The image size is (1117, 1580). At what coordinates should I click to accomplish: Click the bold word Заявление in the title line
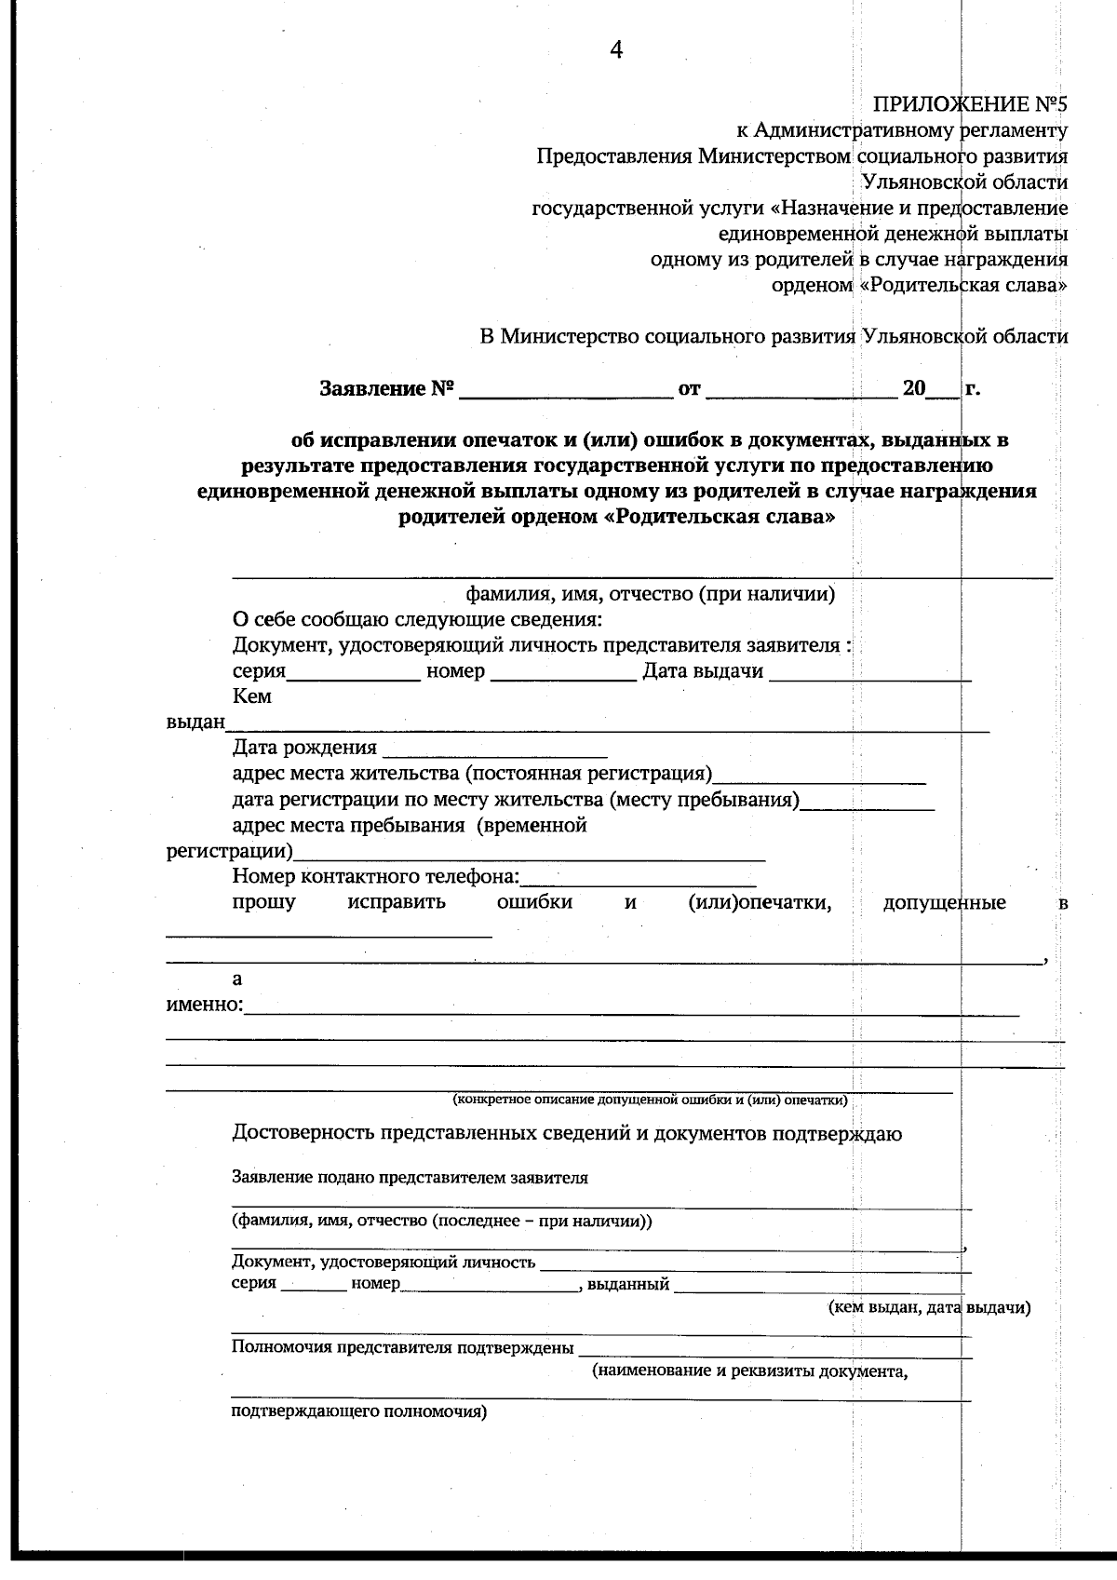coord(372,389)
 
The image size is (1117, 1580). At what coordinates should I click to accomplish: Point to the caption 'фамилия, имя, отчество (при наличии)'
coord(650,594)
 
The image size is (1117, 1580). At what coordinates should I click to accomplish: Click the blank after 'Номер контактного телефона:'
coord(639,878)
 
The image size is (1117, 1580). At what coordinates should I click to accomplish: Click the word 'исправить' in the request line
coord(397,902)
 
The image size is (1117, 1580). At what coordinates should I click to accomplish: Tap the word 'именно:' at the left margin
coord(204,1005)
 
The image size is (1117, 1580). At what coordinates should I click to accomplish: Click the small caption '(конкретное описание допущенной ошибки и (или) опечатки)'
coord(650,1101)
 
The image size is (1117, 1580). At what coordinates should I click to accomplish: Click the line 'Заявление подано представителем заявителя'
coord(410,1178)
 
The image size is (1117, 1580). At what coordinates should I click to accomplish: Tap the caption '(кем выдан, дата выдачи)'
coord(929,1308)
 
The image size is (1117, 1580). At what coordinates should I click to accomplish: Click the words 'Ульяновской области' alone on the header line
coord(964,182)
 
